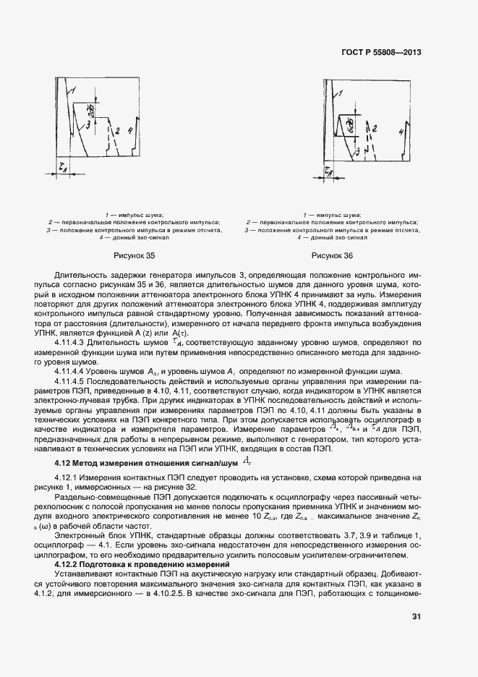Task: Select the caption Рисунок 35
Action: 135,256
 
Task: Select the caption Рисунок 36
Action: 332,256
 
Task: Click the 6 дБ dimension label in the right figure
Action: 351,127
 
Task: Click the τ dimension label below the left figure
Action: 63,166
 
